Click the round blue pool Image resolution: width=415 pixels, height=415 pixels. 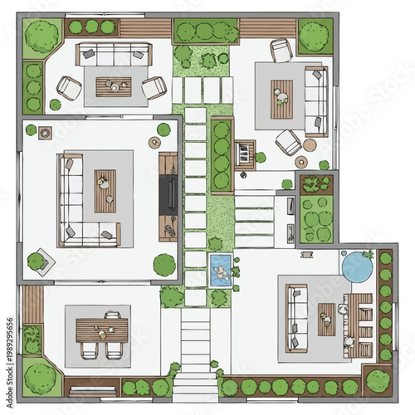358,266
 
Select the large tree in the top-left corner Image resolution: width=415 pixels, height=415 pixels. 41,36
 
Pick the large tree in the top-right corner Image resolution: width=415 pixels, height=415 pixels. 313,36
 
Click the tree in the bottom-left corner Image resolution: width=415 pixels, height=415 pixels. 41,378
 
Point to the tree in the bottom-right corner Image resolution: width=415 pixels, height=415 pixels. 377,381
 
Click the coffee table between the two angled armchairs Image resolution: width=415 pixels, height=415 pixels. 113,85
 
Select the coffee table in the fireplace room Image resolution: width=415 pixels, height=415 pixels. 105,191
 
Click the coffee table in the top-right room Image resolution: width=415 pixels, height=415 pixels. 282,98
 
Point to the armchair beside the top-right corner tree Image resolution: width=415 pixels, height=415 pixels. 281,51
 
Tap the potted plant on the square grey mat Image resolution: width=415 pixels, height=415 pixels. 37,261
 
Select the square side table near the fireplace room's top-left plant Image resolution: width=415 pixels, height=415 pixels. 45,131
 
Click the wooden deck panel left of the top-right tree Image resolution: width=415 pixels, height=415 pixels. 267,29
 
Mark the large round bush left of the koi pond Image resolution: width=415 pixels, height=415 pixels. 164,265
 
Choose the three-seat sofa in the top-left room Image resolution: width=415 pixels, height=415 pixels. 113,55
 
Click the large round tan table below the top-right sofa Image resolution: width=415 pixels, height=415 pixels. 310,144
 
